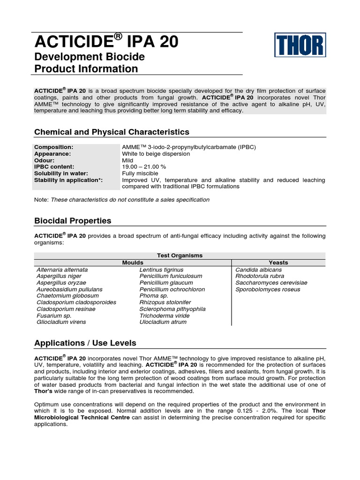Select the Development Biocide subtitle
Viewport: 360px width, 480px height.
90,57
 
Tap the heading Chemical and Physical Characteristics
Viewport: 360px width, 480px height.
112,132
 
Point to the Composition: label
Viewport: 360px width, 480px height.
53,147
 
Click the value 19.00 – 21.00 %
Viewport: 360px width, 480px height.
144,167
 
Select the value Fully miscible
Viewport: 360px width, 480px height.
141,173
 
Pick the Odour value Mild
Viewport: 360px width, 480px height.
127,160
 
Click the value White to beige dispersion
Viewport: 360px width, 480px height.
156,154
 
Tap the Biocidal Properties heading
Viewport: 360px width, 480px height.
73,220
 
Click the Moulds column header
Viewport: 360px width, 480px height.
133,262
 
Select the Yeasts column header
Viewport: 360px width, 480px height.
278,262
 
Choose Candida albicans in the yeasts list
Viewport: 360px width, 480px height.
259,270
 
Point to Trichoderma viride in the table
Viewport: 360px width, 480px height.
165,316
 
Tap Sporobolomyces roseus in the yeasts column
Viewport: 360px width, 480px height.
268,290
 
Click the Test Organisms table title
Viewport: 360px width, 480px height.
180,255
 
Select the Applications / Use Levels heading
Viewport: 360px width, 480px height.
85,343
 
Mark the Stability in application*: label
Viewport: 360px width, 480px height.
68,180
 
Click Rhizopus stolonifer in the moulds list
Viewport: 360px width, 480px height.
165,303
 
